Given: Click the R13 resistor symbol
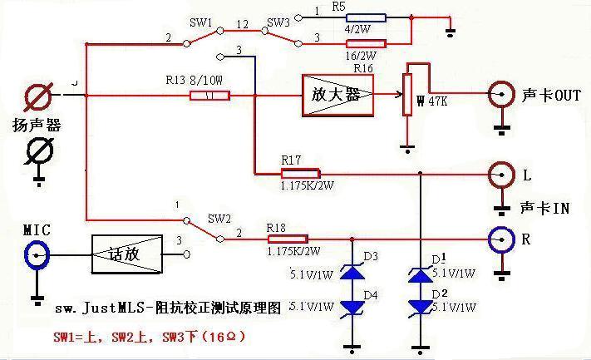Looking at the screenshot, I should pos(210,96).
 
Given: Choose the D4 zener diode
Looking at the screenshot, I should pos(354,308).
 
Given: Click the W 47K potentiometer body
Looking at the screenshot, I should pos(407,96).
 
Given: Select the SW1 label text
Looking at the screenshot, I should pos(204,20).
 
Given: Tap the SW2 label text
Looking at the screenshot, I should pos(219,219).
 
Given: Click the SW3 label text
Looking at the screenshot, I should pos(278,20).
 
